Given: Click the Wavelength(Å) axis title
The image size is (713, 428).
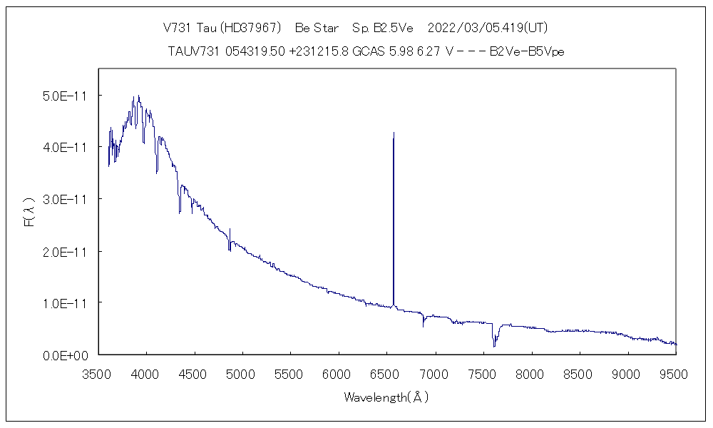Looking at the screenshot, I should coord(386,397).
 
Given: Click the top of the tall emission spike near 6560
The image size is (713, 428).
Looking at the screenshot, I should coord(394,133).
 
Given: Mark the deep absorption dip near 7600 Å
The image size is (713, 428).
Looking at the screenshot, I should coord(494,345).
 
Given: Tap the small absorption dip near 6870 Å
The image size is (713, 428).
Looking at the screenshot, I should coord(424,325).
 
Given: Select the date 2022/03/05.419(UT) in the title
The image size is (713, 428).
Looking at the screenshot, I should coord(487,29).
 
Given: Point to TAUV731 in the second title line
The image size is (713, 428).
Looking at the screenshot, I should coord(190,51).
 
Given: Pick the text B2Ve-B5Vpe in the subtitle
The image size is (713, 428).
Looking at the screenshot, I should coord(528,51).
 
